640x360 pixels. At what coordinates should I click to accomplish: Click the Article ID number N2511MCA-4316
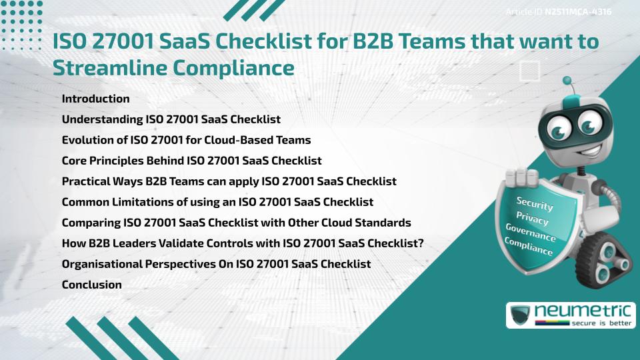[x=577, y=11]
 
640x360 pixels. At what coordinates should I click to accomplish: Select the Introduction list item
[x=95, y=99]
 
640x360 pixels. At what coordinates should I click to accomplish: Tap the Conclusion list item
[x=91, y=285]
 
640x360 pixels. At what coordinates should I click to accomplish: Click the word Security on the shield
[x=535, y=204]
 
